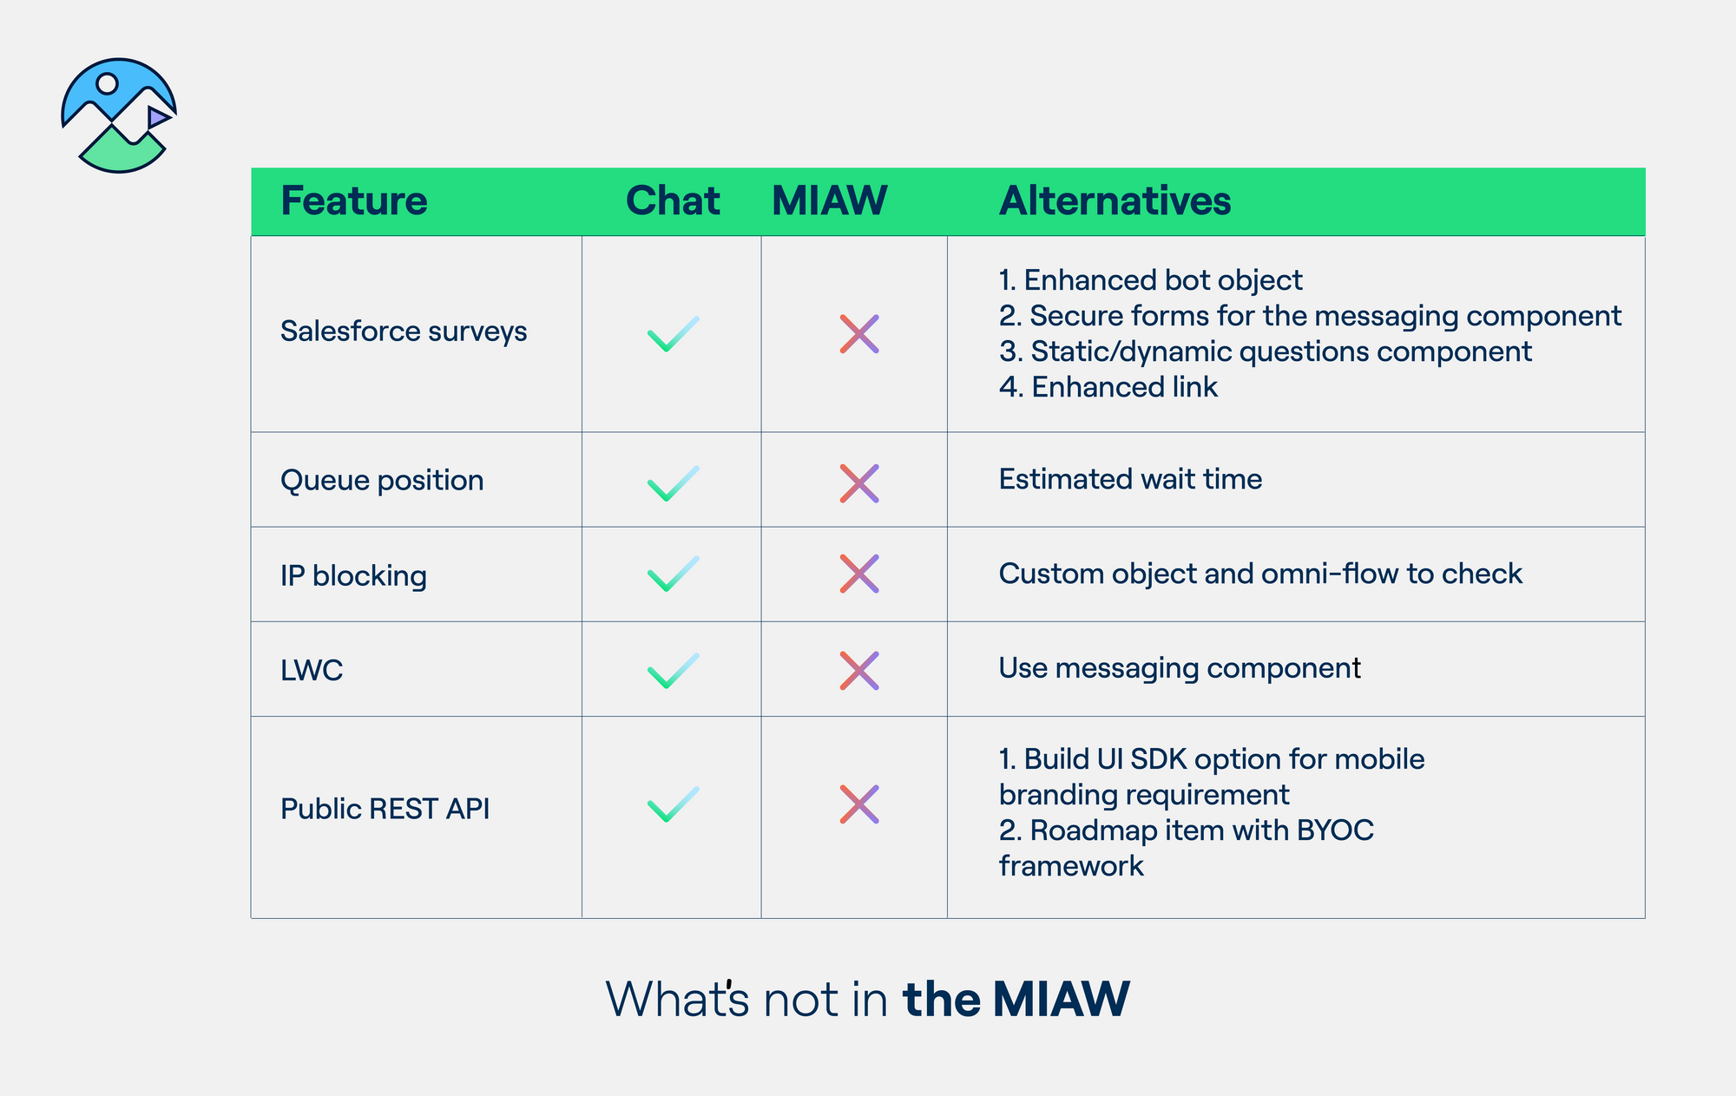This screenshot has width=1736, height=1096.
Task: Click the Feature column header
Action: pyautogui.click(x=353, y=201)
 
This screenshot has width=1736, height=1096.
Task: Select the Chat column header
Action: pyautogui.click(x=672, y=201)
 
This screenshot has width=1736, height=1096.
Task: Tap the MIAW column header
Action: pyautogui.click(x=829, y=201)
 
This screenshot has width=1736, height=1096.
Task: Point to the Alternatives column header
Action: pyautogui.click(x=1115, y=201)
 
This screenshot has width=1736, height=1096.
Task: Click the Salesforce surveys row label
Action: pyautogui.click(x=404, y=331)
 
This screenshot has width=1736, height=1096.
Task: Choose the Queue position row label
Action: pyautogui.click(x=382, y=480)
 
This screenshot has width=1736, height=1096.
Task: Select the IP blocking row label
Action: pyautogui.click(x=353, y=575)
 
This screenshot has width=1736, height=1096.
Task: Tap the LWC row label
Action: pyautogui.click(x=312, y=670)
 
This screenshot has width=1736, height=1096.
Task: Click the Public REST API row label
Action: pyautogui.click(x=385, y=809)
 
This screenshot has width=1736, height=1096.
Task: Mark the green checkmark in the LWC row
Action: pyautogui.click(x=673, y=671)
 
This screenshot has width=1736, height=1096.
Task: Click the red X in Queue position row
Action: pyautogui.click(x=859, y=483)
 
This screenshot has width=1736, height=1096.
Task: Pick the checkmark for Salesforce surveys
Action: pyautogui.click(x=673, y=334)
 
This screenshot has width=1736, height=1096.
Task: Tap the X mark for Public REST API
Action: pyautogui.click(x=859, y=804)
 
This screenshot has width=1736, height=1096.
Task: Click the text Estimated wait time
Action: pyautogui.click(x=1130, y=479)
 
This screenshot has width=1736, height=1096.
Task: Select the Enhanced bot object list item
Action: pyautogui.click(x=1150, y=280)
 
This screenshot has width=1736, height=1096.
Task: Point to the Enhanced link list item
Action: pyautogui.click(x=1108, y=387)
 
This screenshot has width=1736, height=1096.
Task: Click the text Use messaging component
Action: pyautogui.click(x=1179, y=668)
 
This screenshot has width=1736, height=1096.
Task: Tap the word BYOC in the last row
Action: pyautogui.click(x=1335, y=830)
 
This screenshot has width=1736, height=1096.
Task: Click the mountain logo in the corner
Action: pyautogui.click(x=119, y=115)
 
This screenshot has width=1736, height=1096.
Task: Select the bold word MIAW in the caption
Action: pyautogui.click(x=1061, y=999)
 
